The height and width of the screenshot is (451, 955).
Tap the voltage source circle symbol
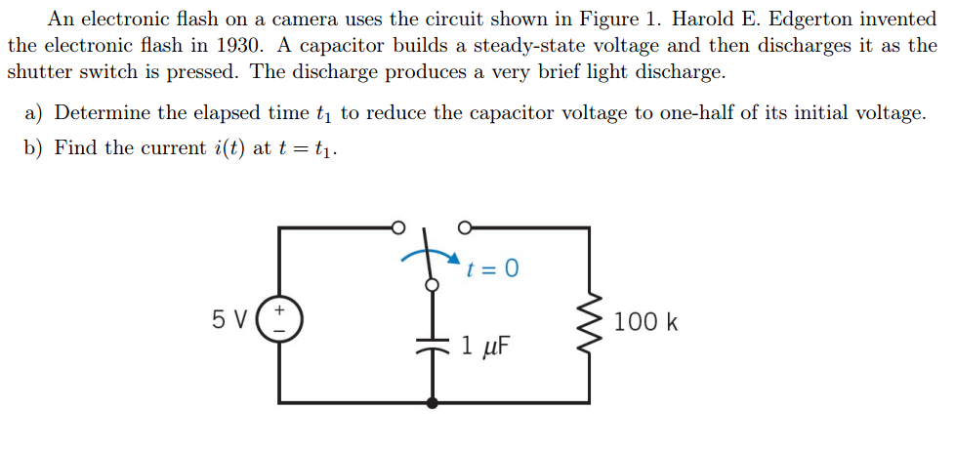click(279, 319)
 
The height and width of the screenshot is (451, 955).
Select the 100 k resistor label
click(647, 322)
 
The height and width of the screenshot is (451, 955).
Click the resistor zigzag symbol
click(590, 320)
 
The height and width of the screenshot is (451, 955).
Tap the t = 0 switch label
click(493, 268)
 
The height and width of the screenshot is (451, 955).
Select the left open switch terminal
click(397, 227)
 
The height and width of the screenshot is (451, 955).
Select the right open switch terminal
click(464, 227)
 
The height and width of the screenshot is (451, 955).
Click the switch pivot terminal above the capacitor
click(431, 285)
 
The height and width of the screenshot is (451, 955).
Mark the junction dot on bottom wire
click(431, 402)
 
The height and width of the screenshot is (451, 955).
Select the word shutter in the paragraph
click(41, 72)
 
